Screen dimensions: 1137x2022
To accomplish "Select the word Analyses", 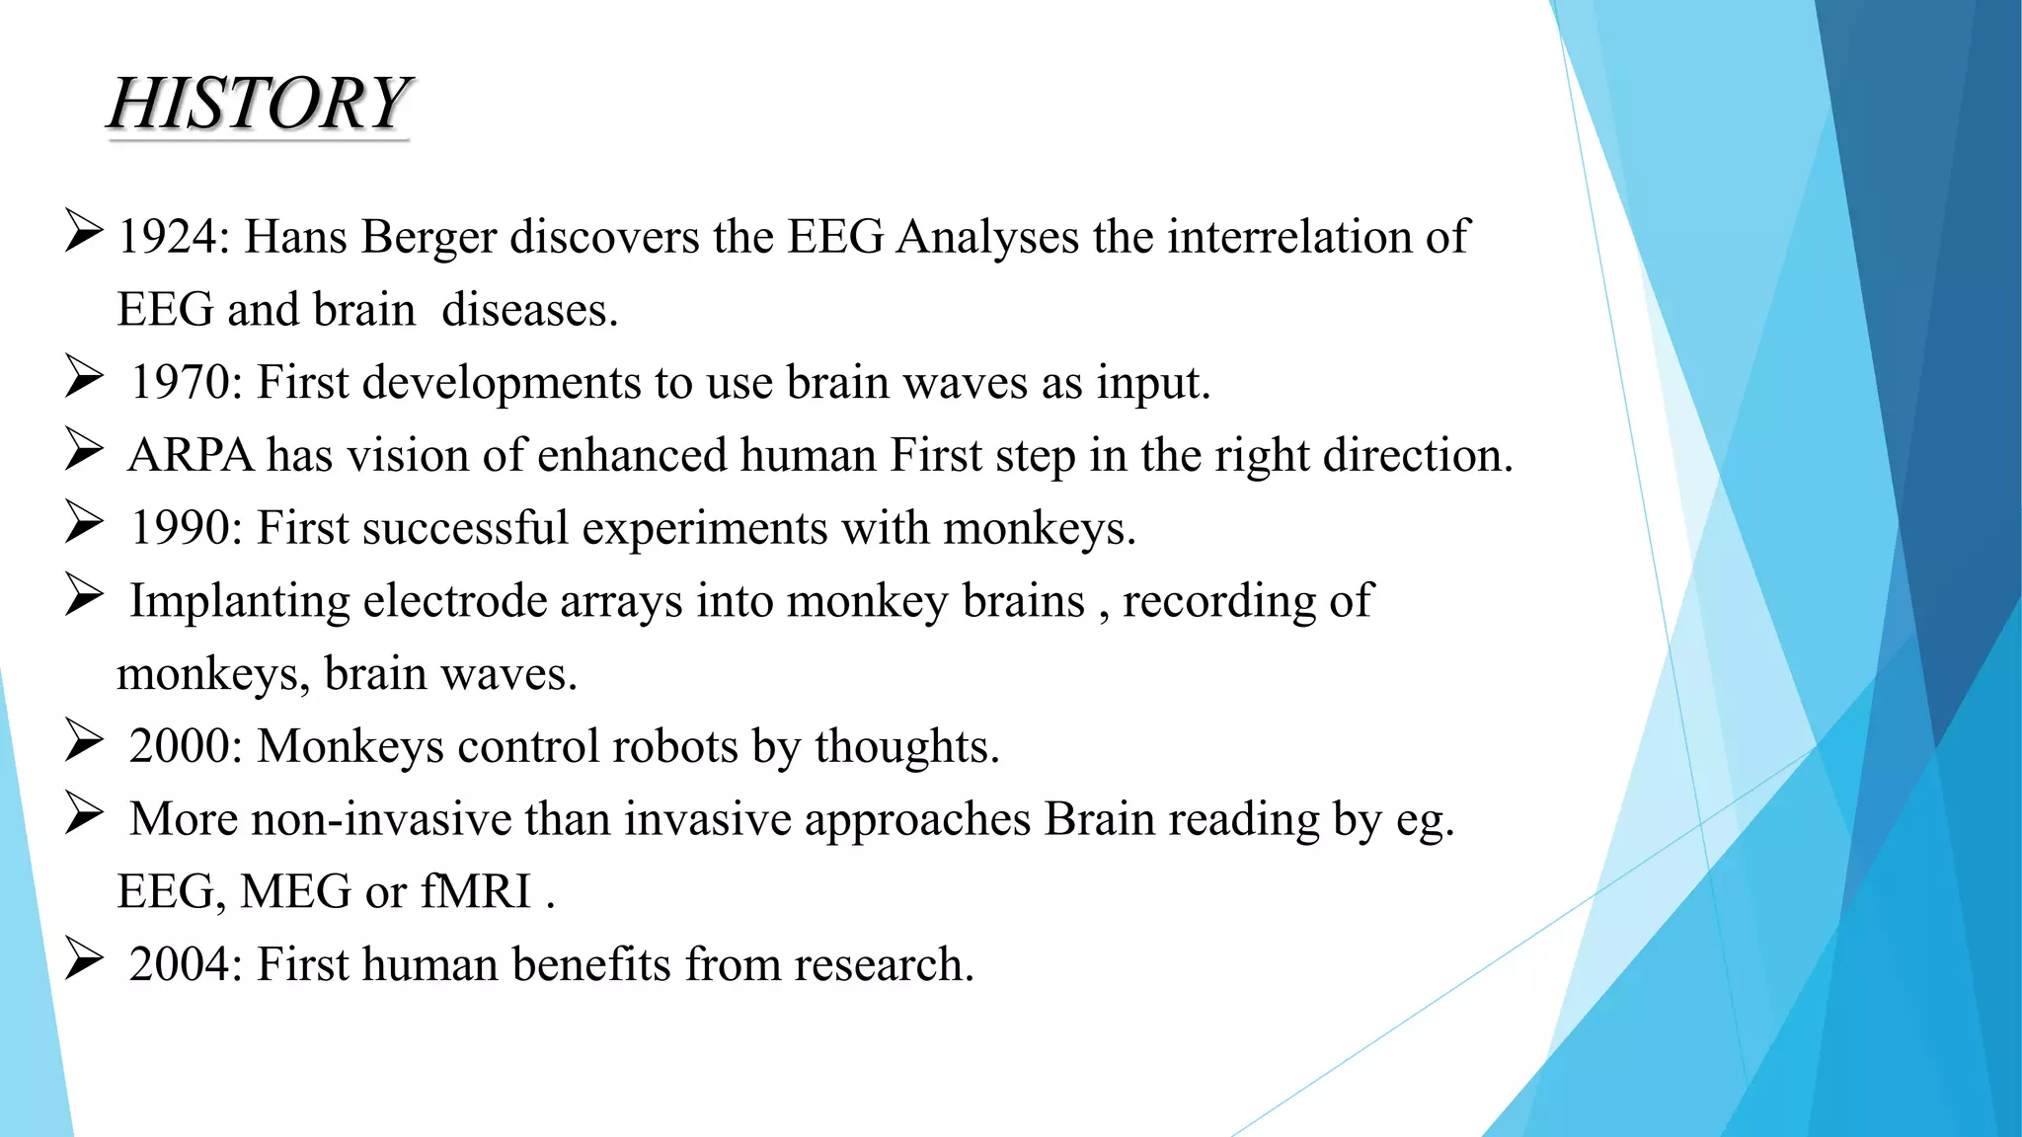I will [x=987, y=238].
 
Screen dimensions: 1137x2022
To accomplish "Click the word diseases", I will [x=529, y=311].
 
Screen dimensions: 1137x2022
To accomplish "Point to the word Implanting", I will [x=240, y=601].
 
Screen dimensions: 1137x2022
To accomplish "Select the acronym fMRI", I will [x=477, y=892].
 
